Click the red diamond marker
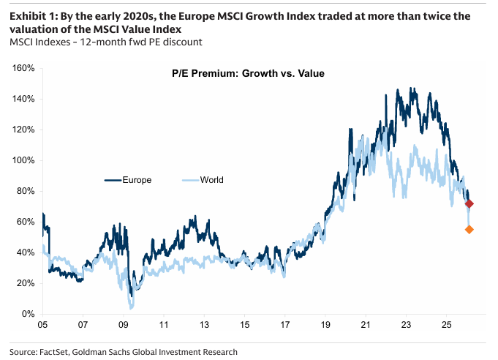(469, 203)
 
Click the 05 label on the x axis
(43, 323)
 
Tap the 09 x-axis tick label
(124, 323)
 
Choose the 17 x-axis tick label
(285, 323)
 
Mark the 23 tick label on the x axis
(407, 323)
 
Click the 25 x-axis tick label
(447, 323)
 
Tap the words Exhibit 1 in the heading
(32, 15)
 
